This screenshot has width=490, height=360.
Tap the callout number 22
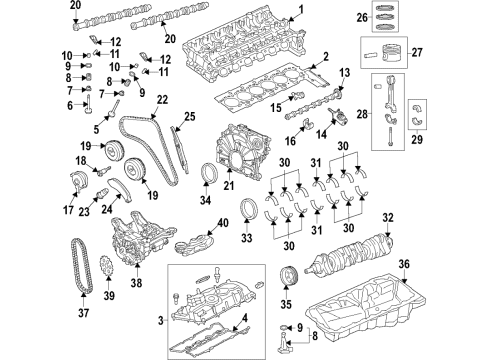point(162,100)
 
